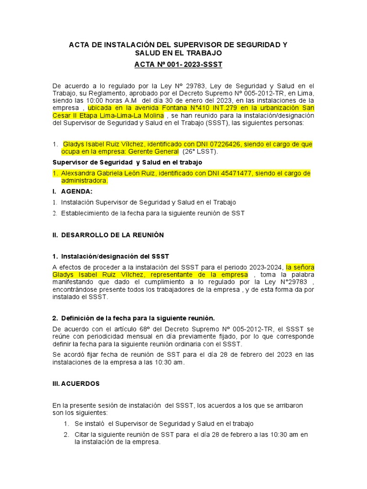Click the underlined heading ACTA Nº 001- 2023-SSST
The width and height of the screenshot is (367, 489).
coord(178,64)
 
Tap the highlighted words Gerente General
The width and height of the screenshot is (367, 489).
coord(153,152)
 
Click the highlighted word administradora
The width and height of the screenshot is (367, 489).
coord(84,181)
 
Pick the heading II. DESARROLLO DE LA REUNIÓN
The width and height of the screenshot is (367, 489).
coord(108,235)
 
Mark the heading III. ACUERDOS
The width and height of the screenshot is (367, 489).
coord(76,383)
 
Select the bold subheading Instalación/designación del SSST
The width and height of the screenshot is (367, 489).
coord(114,256)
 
